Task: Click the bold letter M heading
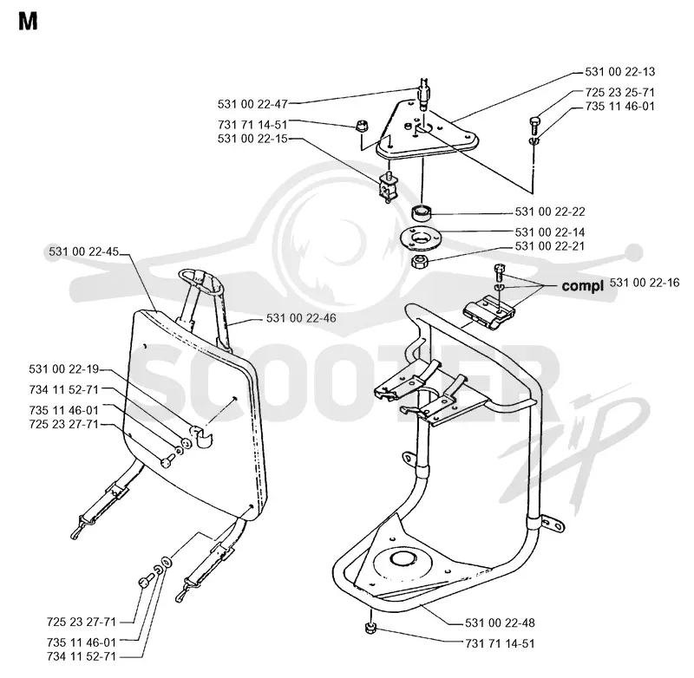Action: pyautogui.click(x=28, y=21)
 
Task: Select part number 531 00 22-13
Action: pyautogui.click(x=619, y=72)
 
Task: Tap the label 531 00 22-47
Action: pyautogui.click(x=252, y=104)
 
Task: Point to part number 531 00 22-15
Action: pyautogui.click(x=252, y=139)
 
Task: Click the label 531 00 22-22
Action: pyautogui.click(x=550, y=212)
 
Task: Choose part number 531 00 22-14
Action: pyautogui.click(x=550, y=232)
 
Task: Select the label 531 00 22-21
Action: pyautogui.click(x=550, y=246)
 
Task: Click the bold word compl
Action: pyautogui.click(x=582, y=286)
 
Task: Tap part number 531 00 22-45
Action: pyautogui.click(x=83, y=251)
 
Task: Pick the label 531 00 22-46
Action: pyautogui.click(x=301, y=318)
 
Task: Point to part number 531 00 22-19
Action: pyautogui.click(x=63, y=368)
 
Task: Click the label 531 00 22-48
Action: pyautogui.click(x=500, y=623)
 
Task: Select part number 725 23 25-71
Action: pyautogui.click(x=619, y=93)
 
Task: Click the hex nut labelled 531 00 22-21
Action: pyautogui.click(x=419, y=262)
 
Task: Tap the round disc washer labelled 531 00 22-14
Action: pyautogui.click(x=421, y=238)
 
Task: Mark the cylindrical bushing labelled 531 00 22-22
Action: pyautogui.click(x=422, y=212)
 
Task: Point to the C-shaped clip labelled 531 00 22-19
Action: pyautogui.click(x=201, y=435)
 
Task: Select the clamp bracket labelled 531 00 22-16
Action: pyautogui.click(x=488, y=312)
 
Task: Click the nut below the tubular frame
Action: pyautogui.click(x=371, y=627)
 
